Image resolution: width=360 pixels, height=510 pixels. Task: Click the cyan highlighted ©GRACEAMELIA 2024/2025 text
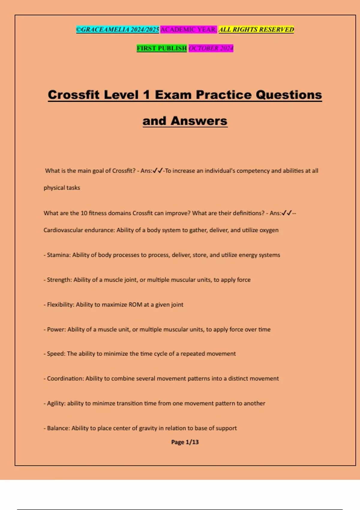(x=117, y=29)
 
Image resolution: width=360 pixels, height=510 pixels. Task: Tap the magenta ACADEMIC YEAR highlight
(x=188, y=29)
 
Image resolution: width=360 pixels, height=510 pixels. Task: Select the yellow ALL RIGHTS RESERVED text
(x=256, y=29)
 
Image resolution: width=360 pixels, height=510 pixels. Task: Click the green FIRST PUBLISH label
(x=162, y=48)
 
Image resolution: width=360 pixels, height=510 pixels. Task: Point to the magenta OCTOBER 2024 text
(x=211, y=48)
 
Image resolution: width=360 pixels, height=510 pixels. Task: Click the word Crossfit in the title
(x=73, y=95)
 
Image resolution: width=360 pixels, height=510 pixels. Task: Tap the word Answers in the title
(x=199, y=121)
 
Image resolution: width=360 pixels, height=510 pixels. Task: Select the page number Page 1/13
(x=185, y=442)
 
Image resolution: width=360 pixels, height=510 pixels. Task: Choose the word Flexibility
(x=60, y=305)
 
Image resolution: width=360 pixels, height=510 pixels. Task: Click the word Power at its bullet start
(x=56, y=329)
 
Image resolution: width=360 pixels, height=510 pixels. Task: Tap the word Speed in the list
(x=56, y=354)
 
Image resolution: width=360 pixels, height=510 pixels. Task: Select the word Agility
(x=56, y=403)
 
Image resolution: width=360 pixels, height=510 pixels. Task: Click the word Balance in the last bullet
(x=58, y=428)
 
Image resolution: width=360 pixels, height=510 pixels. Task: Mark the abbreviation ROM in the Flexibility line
(x=135, y=305)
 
